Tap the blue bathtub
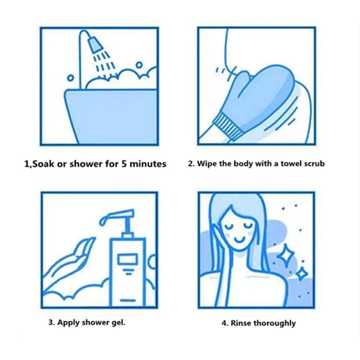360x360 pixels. [x=111, y=117]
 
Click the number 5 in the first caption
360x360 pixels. [x=124, y=164]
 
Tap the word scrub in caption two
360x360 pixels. [x=314, y=163]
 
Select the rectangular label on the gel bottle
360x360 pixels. [x=128, y=259]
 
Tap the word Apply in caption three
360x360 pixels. [x=68, y=323]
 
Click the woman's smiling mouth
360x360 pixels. [x=239, y=240]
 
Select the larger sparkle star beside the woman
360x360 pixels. [x=285, y=255]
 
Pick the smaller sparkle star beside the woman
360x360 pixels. [x=301, y=274]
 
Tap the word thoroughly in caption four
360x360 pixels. [x=274, y=323]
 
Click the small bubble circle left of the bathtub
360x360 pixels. [x=71, y=78]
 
